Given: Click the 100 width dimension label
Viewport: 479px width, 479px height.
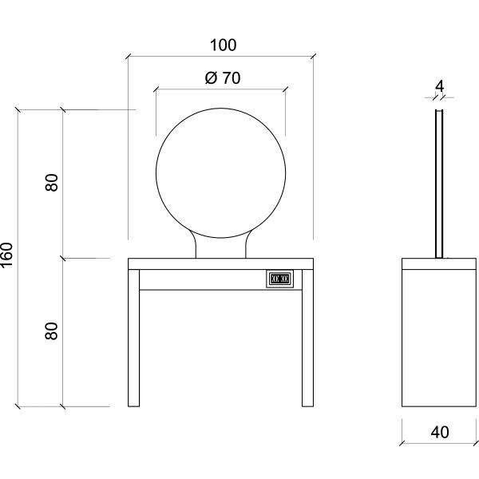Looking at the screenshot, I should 223,46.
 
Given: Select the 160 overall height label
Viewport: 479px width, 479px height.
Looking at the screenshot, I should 9,255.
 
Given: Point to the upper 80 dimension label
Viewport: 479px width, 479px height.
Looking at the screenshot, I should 52,183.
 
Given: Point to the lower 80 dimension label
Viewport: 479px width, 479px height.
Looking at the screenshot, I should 52,331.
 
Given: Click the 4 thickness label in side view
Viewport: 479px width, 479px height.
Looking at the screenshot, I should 439,85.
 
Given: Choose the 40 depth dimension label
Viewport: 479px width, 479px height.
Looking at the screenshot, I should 439,433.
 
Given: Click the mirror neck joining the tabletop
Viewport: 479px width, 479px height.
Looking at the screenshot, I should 220,249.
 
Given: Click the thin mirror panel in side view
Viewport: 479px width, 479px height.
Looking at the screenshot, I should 438,184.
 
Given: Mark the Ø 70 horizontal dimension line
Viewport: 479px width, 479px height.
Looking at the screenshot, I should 184,89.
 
